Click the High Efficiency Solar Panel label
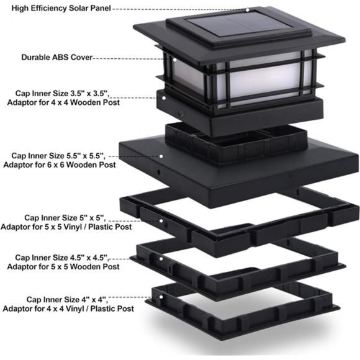(x=61, y=8)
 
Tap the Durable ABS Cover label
(x=57, y=57)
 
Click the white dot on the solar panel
(x=247, y=10)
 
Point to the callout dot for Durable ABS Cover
(x=174, y=60)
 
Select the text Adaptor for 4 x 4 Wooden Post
(x=63, y=102)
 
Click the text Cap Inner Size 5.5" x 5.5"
(x=58, y=156)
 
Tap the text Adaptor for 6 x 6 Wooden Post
(x=60, y=165)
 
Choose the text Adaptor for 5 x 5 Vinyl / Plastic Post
(x=66, y=227)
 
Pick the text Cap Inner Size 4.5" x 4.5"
(x=61, y=258)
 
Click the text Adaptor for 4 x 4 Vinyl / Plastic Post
(x=68, y=308)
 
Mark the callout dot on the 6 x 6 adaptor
(x=161, y=156)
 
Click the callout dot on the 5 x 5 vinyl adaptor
(x=161, y=221)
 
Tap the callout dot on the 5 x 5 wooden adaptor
(x=161, y=259)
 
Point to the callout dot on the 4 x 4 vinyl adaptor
(x=161, y=297)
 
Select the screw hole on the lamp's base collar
(x=181, y=114)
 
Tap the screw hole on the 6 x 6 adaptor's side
(x=158, y=172)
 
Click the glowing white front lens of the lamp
(x=264, y=79)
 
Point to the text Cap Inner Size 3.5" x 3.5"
(x=62, y=94)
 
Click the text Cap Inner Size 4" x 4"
(x=67, y=300)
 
